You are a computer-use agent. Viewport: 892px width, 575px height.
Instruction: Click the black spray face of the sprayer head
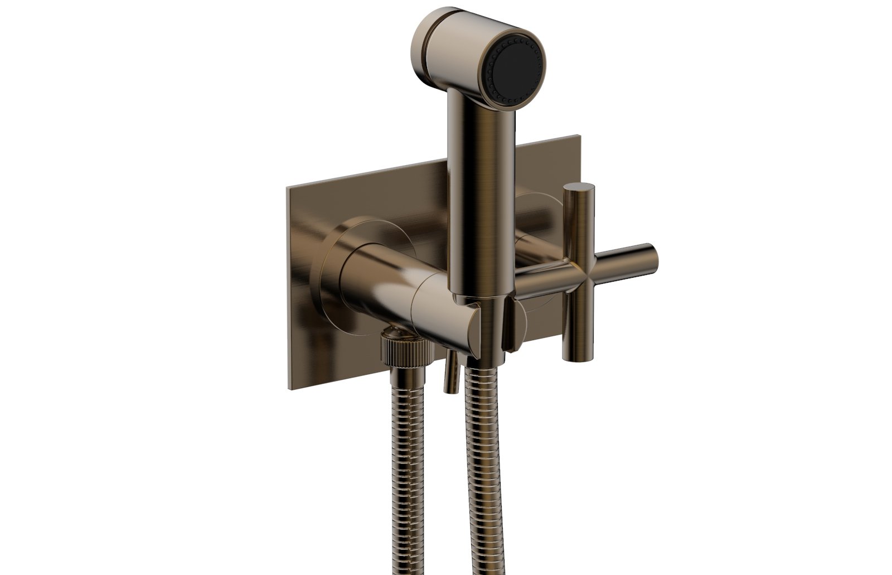point(513,69)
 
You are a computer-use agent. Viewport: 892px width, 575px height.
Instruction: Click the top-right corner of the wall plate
point(579,135)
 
